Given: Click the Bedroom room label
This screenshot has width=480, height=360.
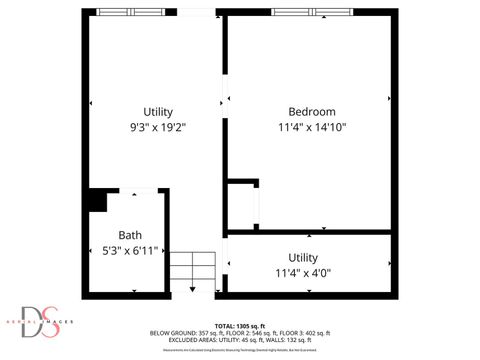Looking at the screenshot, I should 311,111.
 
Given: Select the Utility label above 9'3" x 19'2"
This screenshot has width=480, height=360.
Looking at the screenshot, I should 158,111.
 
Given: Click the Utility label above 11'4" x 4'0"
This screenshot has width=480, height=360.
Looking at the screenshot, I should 303,257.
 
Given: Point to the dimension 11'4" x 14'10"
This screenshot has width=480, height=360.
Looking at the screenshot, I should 311,127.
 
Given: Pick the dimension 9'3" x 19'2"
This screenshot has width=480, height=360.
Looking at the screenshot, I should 158,127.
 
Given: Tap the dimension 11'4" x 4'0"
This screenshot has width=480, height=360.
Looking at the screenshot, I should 303,272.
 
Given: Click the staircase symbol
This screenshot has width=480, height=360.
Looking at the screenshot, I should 192,267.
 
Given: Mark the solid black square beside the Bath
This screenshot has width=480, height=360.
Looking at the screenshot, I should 96,201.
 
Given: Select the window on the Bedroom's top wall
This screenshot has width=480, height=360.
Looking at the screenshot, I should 311,12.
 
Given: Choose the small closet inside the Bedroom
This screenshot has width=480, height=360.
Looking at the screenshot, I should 242,205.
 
